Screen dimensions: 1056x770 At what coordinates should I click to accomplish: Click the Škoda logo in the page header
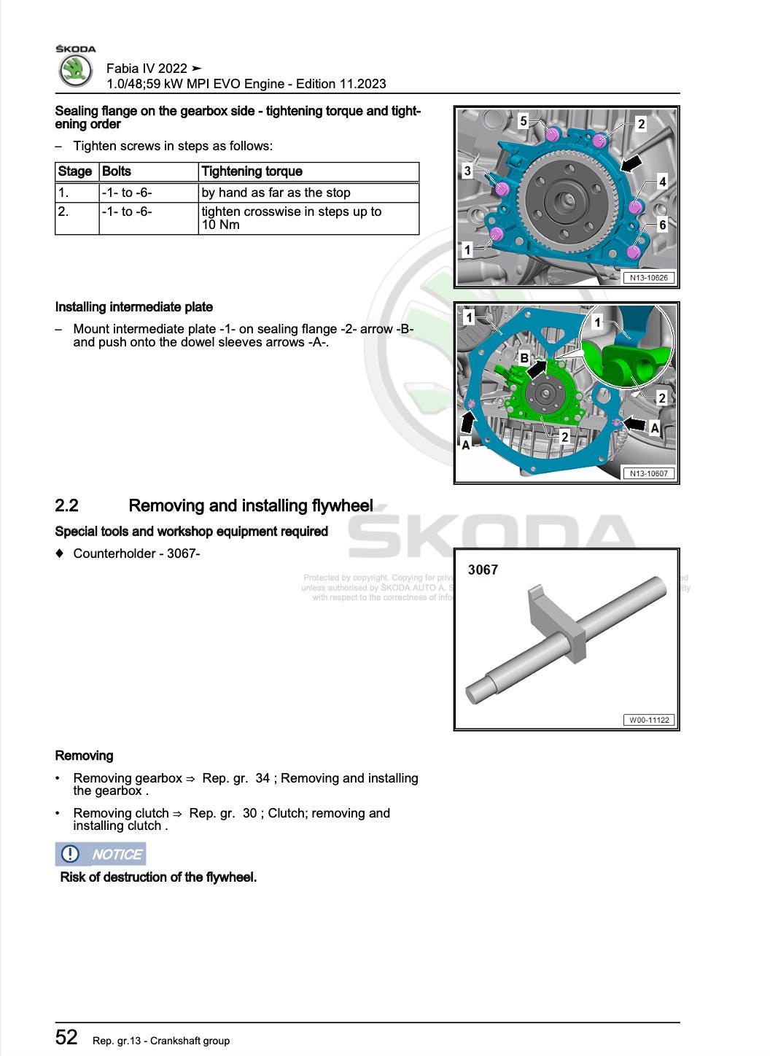(x=75, y=71)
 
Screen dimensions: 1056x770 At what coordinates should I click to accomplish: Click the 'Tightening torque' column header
(x=252, y=171)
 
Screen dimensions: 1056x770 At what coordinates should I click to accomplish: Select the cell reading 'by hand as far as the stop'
(x=276, y=193)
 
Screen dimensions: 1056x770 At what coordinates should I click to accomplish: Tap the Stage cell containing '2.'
(x=64, y=211)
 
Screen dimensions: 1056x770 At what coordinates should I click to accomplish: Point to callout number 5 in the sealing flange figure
(x=523, y=121)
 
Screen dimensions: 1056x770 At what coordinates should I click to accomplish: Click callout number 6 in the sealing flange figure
(x=662, y=225)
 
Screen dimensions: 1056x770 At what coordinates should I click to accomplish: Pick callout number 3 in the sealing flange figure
(x=467, y=171)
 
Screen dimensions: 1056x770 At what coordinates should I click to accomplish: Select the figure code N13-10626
(x=649, y=278)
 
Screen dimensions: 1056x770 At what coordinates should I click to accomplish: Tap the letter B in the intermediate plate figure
(x=524, y=358)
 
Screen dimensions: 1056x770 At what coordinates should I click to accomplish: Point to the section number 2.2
(x=66, y=505)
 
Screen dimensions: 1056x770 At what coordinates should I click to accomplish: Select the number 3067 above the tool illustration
(x=483, y=570)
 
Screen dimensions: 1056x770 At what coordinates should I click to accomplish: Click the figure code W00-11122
(x=649, y=720)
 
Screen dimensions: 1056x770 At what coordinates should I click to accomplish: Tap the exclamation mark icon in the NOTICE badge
(x=70, y=853)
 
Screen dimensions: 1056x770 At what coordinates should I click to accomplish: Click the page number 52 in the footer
(x=66, y=1037)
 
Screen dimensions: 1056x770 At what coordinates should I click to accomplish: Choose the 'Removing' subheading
(x=84, y=756)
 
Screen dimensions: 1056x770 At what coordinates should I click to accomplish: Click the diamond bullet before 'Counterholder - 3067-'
(x=60, y=553)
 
